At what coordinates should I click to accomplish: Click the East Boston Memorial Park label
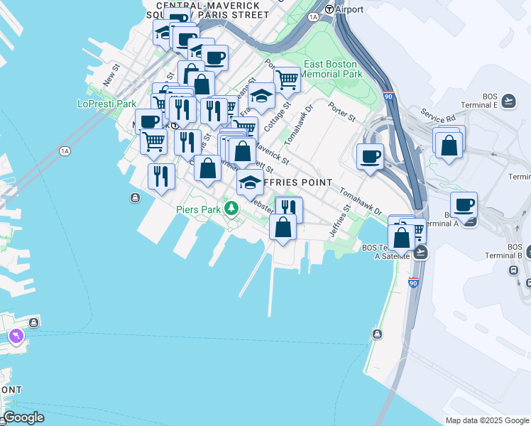coord(333,69)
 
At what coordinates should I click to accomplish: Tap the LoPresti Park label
coord(106,104)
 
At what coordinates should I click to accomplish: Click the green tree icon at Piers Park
coord(230,208)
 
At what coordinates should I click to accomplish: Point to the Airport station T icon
coord(329,9)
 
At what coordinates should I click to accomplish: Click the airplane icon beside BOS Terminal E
coord(508,101)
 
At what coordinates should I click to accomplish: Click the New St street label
coord(109,75)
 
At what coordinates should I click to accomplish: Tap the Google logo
coord(23,417)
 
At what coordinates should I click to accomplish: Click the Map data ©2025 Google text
coord(486,420)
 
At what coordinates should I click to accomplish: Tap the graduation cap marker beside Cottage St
coord(261,95)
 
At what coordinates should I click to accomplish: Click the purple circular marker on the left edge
coord(15,335)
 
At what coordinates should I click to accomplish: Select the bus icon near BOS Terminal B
coord(513,271)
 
